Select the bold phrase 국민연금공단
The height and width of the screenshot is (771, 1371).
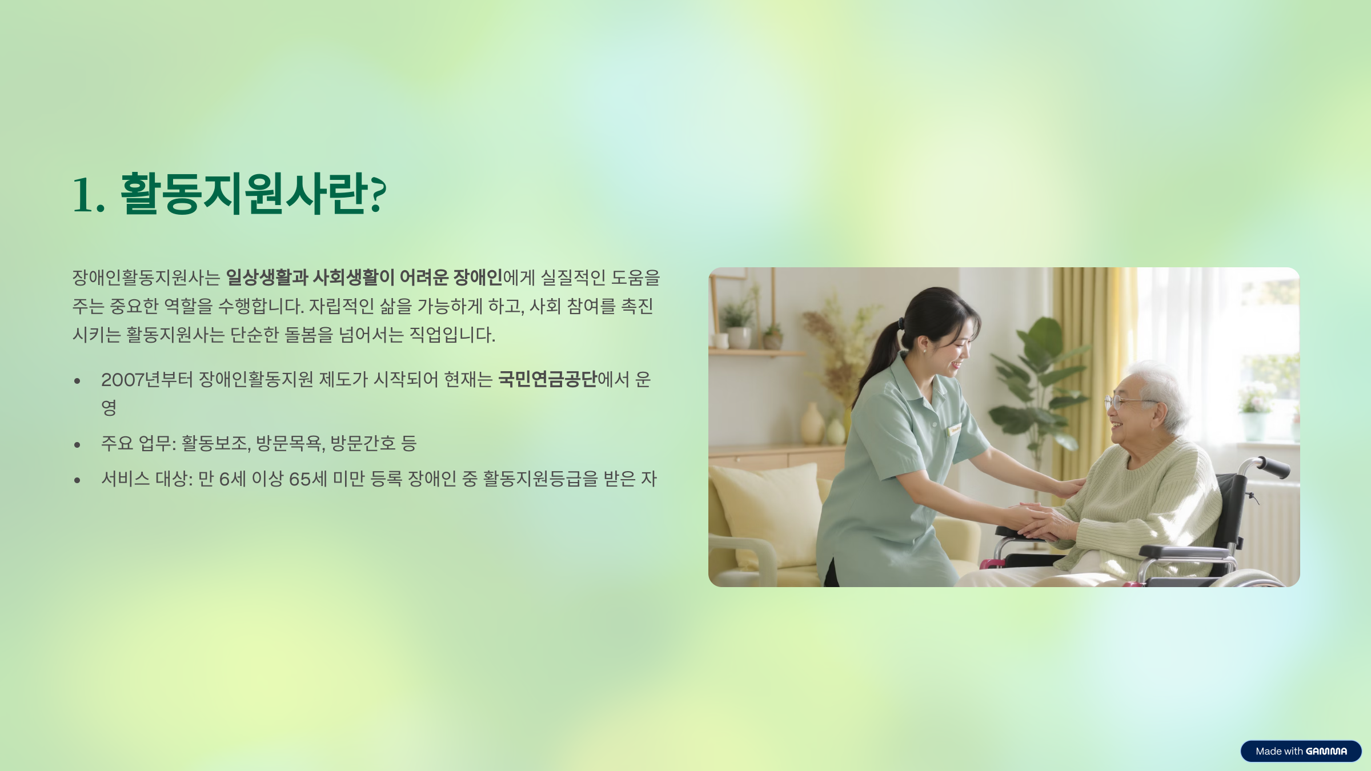click(x=547, y=379)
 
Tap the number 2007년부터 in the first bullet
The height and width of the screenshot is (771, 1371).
click(x=147, y=380)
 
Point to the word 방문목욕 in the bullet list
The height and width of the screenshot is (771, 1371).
click(x=290, y=443)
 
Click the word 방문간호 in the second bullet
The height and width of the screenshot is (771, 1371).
click(x=363, y=443)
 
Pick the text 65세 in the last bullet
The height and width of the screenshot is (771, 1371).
click(x=308, y=479)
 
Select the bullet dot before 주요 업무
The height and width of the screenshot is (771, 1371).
click(x=77, y=444)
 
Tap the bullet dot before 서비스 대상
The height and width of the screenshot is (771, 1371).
click(x=77, y=480)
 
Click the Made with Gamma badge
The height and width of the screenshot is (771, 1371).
click(x=1301, y=751)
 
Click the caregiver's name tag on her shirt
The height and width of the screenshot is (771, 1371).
click(x=955, y=429)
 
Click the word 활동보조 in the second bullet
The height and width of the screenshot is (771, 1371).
click(x=214, y=443)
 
